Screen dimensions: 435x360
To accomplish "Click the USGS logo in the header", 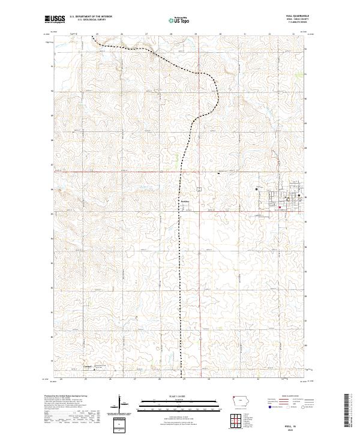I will [x=56, y=19].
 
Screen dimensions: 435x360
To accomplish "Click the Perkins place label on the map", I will [x=185, y=202].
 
